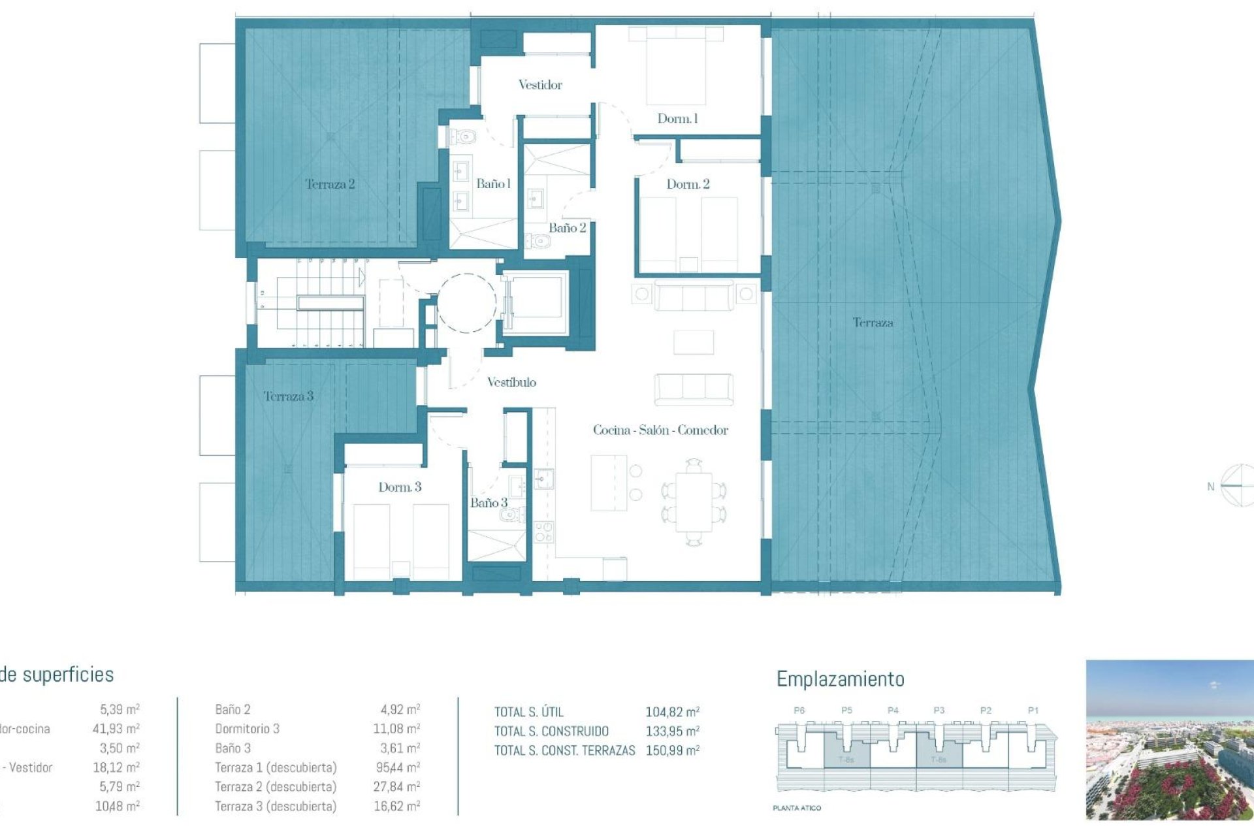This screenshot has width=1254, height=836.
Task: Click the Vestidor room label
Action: tap(539, 85)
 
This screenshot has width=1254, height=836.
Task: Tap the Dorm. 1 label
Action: tap(677, 119)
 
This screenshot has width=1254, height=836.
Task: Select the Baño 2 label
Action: tap(566, 228)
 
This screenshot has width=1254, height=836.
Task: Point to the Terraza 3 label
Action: tap(288, 396)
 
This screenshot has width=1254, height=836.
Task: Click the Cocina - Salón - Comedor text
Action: tap(660, 430)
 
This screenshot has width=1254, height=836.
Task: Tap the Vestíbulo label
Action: tap(511, 383)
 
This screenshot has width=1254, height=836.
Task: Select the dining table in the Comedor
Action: tap(694, 502)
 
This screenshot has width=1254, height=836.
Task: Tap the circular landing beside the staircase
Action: tap(466, 303)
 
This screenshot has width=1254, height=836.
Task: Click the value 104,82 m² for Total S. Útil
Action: tap(672, 712)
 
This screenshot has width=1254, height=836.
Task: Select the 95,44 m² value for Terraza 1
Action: tap(396, 767)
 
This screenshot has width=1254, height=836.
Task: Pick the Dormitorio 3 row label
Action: tap(247, 729)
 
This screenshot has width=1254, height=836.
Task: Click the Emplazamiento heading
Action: tap(840, 679)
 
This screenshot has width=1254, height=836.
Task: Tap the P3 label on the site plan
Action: tap(939, 711)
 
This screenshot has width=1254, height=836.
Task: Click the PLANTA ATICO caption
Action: tap(796, 809)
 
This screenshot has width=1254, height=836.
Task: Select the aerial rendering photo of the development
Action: tap(1169, 739)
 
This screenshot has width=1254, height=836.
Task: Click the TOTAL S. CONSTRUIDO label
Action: tap(551, 731)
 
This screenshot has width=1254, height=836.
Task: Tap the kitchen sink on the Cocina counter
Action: tap(543, 480)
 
